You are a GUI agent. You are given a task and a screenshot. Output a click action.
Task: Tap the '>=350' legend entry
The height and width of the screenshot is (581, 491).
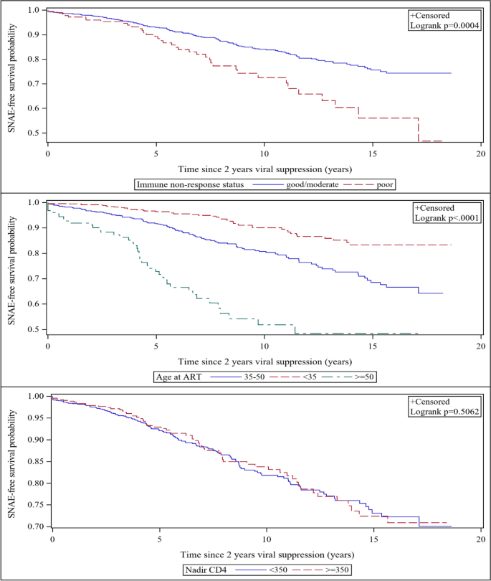335,570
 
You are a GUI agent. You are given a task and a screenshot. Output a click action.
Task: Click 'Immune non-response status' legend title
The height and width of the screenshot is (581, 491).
188,184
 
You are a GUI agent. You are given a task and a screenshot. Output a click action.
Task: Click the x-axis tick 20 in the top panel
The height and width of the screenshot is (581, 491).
481,153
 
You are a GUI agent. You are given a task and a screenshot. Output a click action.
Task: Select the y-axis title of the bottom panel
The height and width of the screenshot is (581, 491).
10,460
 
